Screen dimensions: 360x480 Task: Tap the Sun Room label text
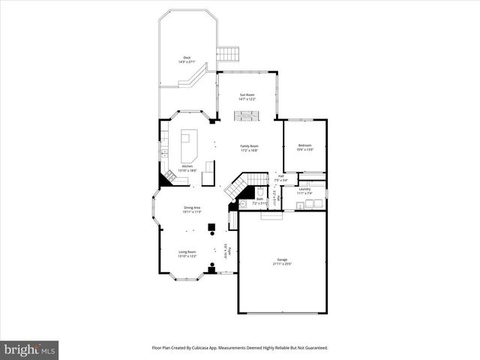pos(247,97)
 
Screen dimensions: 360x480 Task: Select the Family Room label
pos(249,148)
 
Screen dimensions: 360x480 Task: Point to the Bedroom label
pos(304,147)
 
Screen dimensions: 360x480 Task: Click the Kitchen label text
pos(187,168)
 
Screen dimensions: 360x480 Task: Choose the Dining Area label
pos(192,209)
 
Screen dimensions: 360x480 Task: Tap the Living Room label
pos(187,253)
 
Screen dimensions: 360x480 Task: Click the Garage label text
pos(281,262)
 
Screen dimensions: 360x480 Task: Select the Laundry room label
pos(304,190)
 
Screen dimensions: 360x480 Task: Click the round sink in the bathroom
pos(244,204)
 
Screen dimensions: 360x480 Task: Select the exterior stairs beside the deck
pos(227,55)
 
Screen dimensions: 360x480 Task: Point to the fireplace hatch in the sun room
pos(247,115)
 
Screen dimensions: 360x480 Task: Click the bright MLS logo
pos(30,349)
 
